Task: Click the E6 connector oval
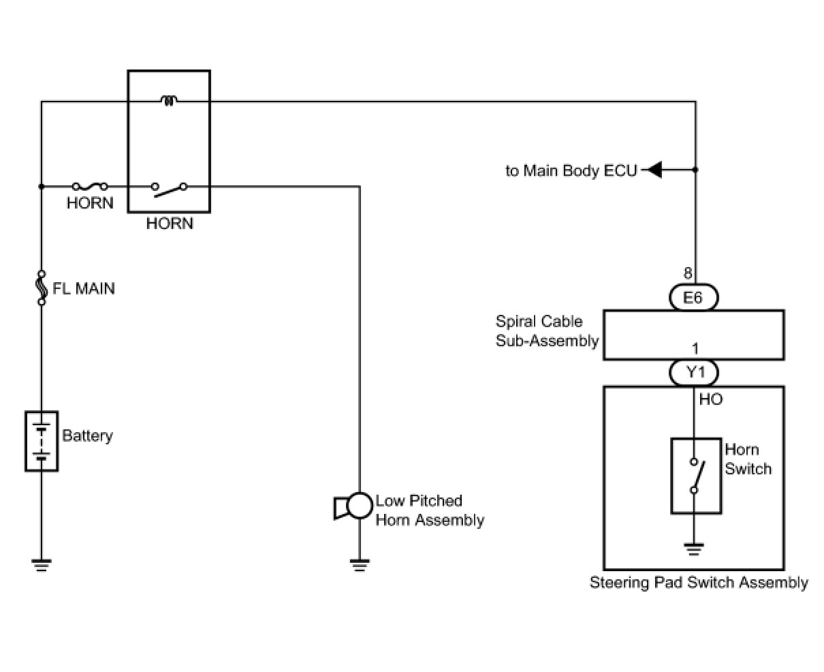[x=693, y=297]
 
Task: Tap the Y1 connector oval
[x=693, y=373]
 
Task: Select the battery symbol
[x=42, y=441]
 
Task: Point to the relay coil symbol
[x=169, y=102]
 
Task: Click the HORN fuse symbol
[x=90, y=185]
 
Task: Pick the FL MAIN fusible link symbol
[x=41, y=288]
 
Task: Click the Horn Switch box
[x=696, y=476]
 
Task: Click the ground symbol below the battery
[x=41, y=564]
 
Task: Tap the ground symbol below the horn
[x=359, y=564]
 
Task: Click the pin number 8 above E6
[x=688, y=274]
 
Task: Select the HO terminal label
[x=710, y=399]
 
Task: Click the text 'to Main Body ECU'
[x=571, y=170]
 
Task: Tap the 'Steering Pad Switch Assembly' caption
[x=699, y=583]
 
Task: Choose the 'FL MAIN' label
[x=84, y=288]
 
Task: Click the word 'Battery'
[x=87, y=436]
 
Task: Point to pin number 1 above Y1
[x=695, y=349]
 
